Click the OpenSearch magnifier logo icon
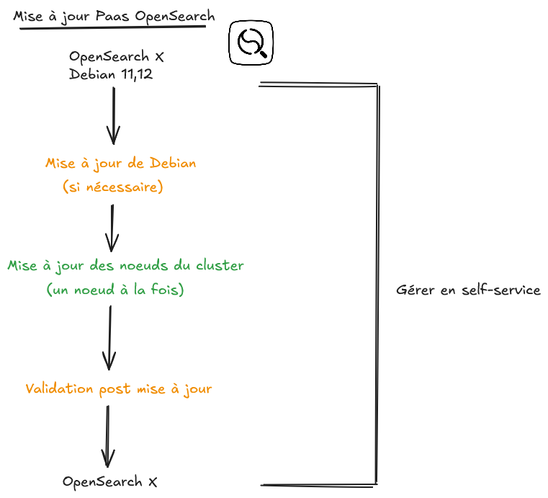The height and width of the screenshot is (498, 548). pos(251,43)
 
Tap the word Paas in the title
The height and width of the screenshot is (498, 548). pos(114,16)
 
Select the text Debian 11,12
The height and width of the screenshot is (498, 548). pos(111,74)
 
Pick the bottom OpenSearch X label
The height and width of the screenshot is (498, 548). pos(110,481)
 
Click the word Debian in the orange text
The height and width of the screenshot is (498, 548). pos(171,164)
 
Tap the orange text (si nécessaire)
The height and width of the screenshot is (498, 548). pos(113,187)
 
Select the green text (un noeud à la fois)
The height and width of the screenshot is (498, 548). pos(115,290)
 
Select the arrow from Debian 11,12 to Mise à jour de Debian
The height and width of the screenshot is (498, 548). pos(114,115)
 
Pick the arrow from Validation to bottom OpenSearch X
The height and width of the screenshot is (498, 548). pos(108,436)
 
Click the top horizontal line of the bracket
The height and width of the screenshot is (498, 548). pos(318,85)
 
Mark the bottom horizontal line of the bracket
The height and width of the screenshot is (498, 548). pos(318,484)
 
